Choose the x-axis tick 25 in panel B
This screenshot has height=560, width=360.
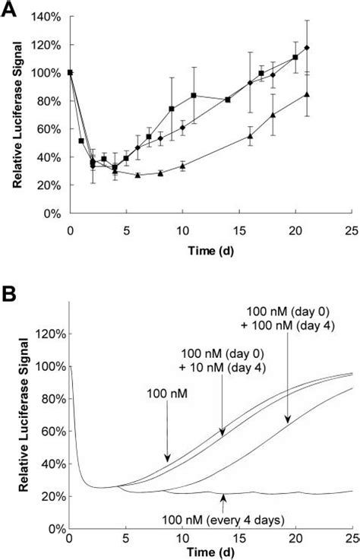(351, 539)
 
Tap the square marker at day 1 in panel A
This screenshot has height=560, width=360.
(81, 141)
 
